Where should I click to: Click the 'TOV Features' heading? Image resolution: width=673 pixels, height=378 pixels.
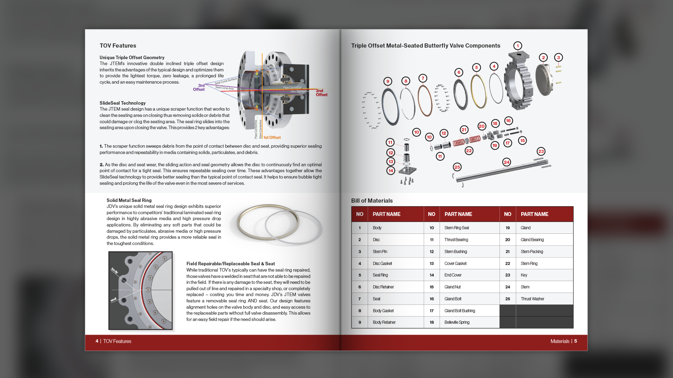coord(118,46)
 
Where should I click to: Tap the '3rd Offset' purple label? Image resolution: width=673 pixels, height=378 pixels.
coord(199,87)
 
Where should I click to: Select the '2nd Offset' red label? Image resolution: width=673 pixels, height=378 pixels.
coord(321,93)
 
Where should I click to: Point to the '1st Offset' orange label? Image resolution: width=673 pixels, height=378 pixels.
coord(272,138)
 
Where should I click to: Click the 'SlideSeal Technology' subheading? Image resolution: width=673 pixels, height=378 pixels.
coord(122,103)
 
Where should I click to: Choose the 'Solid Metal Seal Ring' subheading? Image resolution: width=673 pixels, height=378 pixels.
coord(129,200)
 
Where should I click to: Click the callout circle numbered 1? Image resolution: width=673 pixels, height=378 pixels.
coord(518,46)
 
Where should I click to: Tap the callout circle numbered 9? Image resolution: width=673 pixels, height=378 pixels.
coord(388,82)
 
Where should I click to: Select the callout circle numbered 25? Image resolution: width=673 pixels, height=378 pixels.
coord(457,167)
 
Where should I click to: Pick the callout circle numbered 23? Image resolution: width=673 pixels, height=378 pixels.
coord(541,152)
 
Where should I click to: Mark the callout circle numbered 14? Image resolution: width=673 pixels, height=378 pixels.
coord(391,171)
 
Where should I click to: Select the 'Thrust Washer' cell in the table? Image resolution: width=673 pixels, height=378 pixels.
coord(532,299)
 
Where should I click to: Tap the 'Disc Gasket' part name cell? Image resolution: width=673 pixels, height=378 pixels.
coord(382,264)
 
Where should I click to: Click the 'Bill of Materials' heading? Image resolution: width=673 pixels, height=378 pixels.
coord(372,201)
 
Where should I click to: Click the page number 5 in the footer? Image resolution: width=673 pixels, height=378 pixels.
coord(576,341)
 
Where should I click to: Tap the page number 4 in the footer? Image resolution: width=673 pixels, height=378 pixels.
coord(97,341)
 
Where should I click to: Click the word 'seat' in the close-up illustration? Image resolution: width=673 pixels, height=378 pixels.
coord(114,300)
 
